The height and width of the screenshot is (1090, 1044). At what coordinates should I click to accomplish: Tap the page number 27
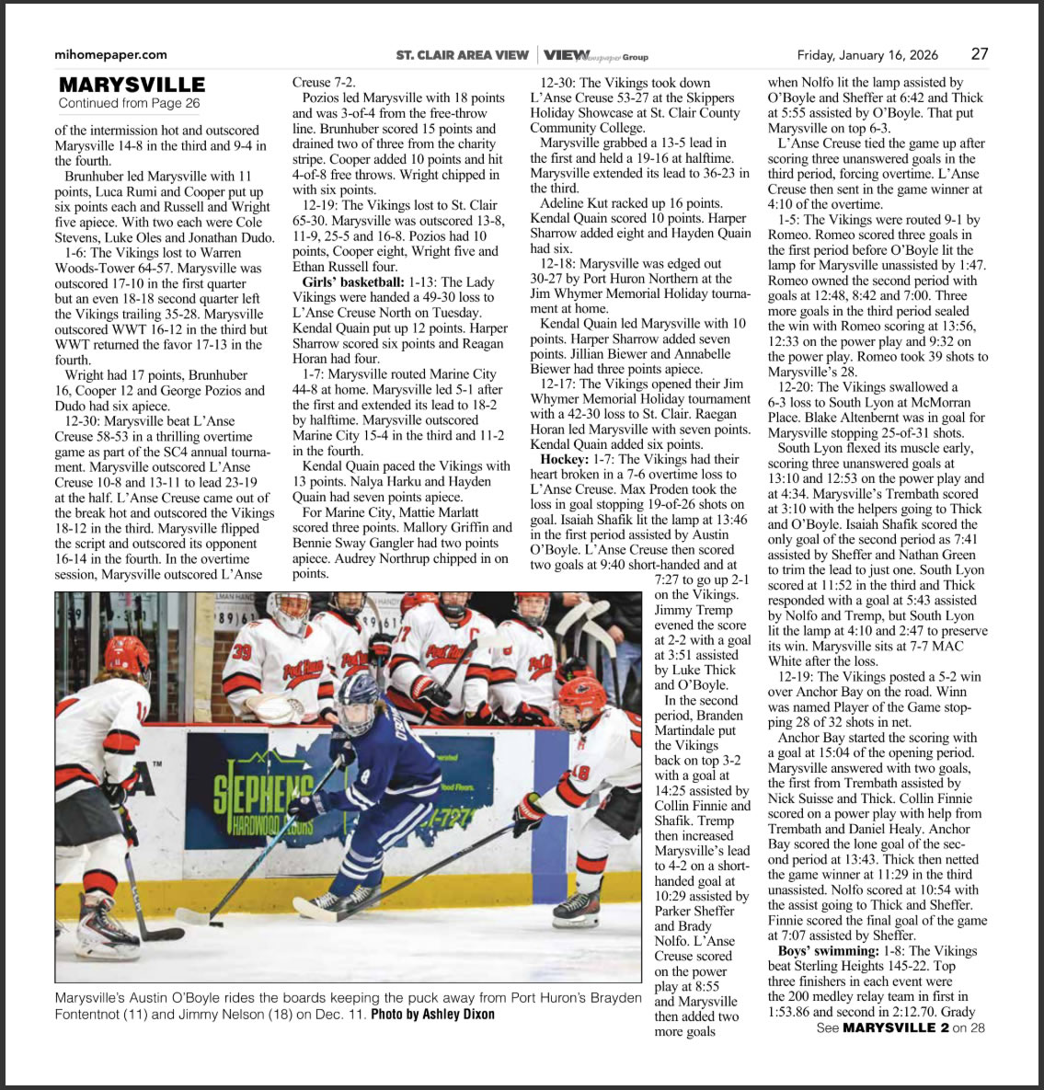(980, 54)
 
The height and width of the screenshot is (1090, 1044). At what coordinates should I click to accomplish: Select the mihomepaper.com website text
(110, 55)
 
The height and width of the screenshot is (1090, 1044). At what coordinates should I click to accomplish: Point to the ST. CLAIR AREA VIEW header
(462, 55)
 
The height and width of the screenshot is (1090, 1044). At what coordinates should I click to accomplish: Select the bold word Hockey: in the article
(564, 459)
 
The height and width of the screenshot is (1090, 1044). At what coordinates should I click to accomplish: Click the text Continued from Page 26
(129, 104)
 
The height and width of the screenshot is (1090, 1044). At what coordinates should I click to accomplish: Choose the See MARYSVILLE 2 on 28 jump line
(901, 1027)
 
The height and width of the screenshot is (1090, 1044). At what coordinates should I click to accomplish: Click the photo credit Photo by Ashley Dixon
(432, 1015)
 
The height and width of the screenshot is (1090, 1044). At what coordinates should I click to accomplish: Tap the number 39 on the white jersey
(242, 652)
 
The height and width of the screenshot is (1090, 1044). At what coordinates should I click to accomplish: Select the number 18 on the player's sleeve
(580, 774)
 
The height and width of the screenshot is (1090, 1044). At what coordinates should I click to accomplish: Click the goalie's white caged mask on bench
(294, 611)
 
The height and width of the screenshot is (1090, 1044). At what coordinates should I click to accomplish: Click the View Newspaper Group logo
(595, 55)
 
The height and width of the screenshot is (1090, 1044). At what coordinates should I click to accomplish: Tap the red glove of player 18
(530, 811)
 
